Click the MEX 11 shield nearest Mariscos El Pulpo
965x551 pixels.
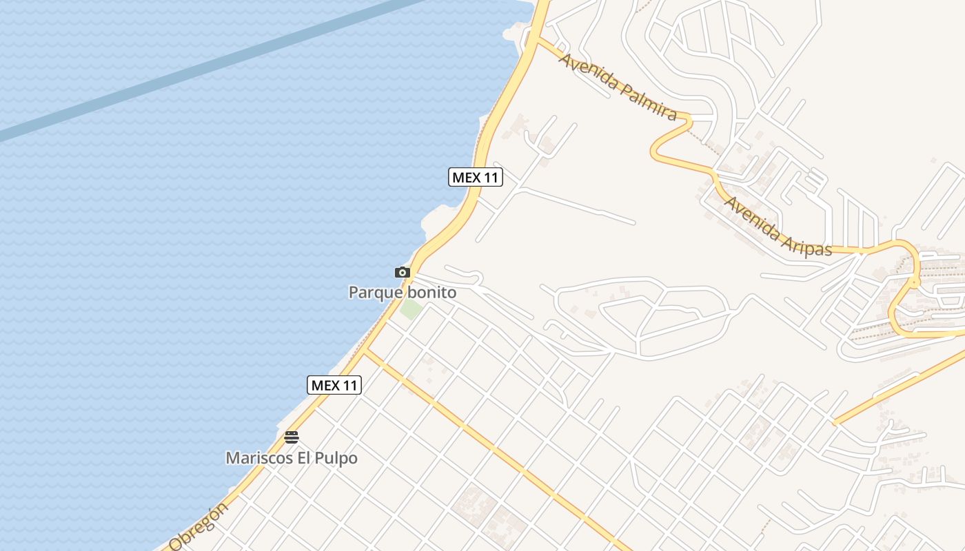334,385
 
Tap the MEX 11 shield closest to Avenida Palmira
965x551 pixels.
476,177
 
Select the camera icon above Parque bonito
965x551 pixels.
403,273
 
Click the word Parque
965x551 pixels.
376,293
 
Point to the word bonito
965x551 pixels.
431,293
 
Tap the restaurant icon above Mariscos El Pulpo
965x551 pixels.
292,437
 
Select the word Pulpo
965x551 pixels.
337,458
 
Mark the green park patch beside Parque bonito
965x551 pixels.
412,309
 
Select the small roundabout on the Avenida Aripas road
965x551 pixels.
915,282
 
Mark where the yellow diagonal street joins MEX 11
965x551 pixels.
365,351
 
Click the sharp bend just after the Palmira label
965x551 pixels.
688,121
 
